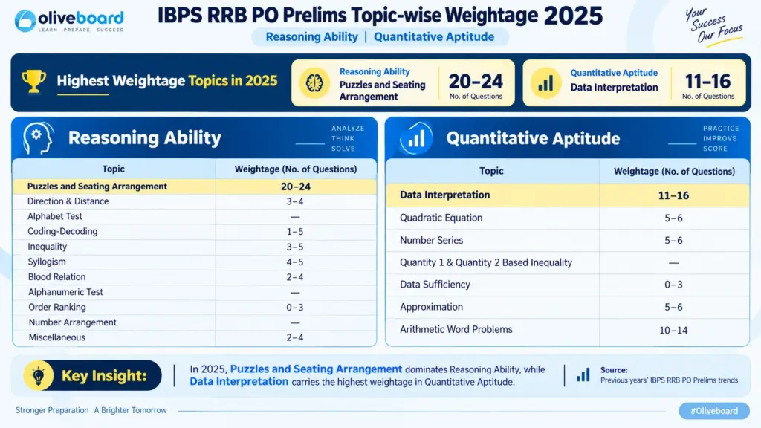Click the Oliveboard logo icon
point(25,20)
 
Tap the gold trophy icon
point(34,81)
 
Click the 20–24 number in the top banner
point(476,81)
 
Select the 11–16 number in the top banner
point(707,81)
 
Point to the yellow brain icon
point(314,83)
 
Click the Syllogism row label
point(47,262)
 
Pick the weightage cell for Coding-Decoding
point(294,232)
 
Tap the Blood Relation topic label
point(56,276)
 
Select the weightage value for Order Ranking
point(294,307)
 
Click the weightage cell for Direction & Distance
point(294,201)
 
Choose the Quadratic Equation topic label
point(441,218)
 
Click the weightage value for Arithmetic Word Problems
point(673,331)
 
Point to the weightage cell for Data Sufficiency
point(673,285)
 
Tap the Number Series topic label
point(432,240)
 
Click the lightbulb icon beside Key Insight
point(39,375)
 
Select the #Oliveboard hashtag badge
point(714,410)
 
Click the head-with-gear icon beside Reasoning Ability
point(38,138)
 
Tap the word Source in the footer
point(614,370)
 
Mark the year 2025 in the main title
point(573,16)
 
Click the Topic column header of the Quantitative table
point(491,171)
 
